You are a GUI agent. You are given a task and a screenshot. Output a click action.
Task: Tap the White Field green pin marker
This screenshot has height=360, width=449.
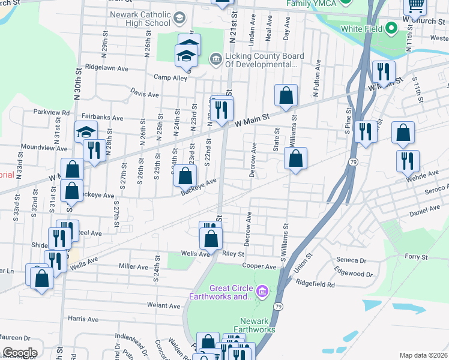click(x=391, y=28)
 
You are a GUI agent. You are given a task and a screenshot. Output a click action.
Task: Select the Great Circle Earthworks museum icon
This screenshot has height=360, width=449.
click(x=261, y=292)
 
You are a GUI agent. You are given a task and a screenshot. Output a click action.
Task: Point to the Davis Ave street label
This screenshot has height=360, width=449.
click(x=145, y=94)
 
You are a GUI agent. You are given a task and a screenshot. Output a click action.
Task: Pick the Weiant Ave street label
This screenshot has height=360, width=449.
click(x=164, y=305)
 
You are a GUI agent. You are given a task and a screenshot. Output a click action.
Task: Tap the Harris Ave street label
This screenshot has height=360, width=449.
click(x=83, y=319)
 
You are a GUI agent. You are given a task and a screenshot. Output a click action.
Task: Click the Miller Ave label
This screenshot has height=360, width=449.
click(x=133, y=266)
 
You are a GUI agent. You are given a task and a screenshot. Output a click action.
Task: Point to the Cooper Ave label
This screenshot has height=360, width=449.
click(x=259, y=265)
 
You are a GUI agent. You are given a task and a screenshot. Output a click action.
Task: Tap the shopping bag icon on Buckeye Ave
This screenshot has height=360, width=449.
click(x=185, y=176)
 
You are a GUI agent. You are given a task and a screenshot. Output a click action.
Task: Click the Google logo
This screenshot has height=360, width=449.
click(x=19, y=353)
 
